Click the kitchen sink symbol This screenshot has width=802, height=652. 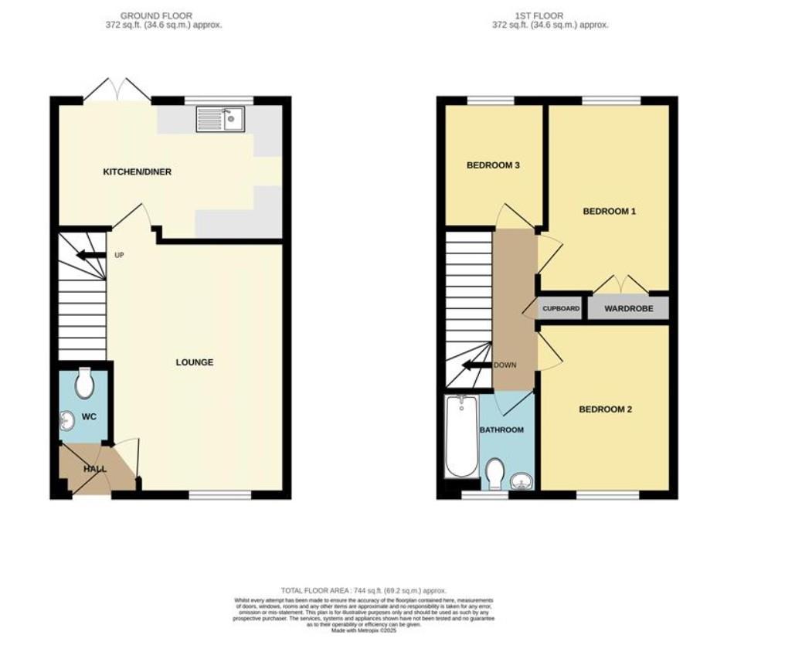click(220, 119)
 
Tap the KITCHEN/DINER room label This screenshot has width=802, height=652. click(138, 171)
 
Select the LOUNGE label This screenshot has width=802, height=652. click(194, 362)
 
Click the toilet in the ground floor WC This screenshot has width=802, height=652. click(84, 382)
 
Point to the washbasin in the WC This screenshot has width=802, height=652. click(67, 420)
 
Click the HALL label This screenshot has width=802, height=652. click(94, 469)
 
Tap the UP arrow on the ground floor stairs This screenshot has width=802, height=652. click(90, 255)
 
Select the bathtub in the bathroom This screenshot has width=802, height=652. click(460, 436)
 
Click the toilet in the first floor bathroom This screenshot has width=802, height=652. click(495, 470)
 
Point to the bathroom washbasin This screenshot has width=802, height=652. click(522, 482)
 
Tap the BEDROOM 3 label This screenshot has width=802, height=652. click(492, 165)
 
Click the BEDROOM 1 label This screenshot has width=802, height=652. click(609, 211)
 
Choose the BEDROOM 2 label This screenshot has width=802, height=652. click(605, 409)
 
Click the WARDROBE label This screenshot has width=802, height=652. click(628, 308)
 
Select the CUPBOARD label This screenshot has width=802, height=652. click(561, 308)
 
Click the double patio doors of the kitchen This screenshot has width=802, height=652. click(117, 90)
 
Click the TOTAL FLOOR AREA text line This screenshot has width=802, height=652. click(363, 590)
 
